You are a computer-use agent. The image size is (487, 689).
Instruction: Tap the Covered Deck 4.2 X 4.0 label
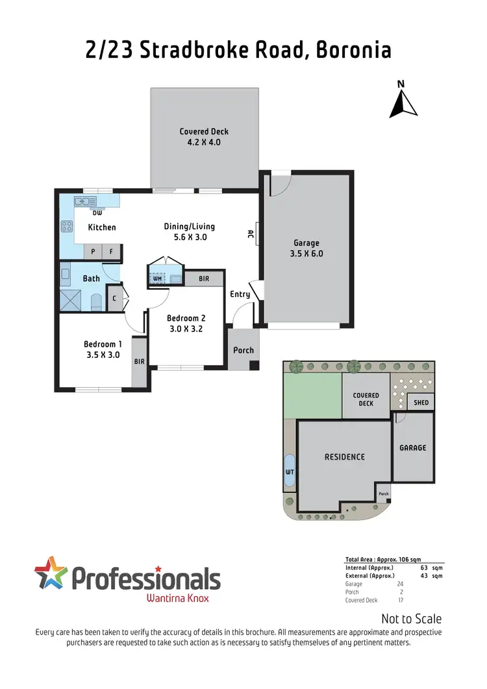click(x=205, y=136)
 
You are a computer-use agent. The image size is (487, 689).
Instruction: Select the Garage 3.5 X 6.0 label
click(x=306, y=249)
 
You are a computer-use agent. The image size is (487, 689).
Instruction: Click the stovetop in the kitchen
click(x=66, y=227)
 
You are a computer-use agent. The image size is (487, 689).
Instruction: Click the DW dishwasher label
click(x=97, y=212)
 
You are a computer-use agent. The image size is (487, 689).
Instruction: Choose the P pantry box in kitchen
click(x=93, y=251)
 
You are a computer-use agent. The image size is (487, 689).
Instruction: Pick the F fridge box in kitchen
click(x=111, y=251)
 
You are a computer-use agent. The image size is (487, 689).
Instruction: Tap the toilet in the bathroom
click(x=95, y=302)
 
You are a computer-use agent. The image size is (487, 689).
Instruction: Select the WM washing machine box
click(x=157, y=279)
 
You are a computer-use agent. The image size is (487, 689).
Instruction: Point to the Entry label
click(x=240, y=294)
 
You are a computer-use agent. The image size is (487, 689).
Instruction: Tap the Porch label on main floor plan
click(x=243, y=350)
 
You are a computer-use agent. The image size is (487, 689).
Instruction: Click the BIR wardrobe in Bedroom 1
click(x=140, y=362)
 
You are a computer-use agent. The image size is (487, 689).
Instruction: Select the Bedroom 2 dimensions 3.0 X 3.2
click(x=186, y=329)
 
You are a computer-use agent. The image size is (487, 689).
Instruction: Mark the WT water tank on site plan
click(x=290, y=470)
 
